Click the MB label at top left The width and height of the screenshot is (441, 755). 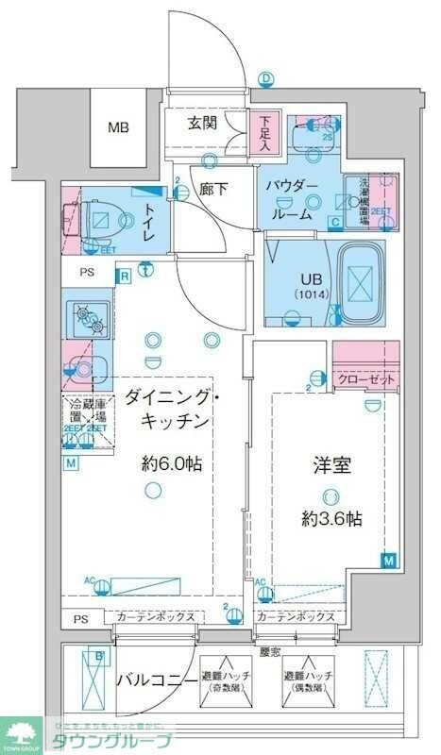point(118,127)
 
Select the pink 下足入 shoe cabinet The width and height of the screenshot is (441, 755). point(266,132)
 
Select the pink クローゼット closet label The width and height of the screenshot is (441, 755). point(366,378)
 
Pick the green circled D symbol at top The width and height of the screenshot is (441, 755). point(266,78)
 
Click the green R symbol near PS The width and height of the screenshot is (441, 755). point(124,276)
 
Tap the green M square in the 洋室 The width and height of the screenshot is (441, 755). point(388,561)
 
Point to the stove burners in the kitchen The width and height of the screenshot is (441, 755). point(88,317)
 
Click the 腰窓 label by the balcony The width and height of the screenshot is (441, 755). point(269,652)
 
